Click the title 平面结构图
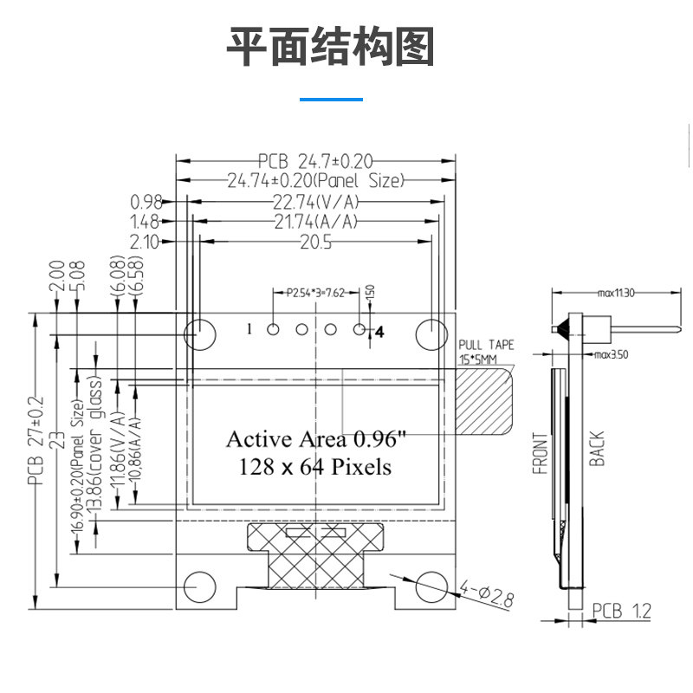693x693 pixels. click(330, 48)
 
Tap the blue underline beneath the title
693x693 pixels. click(331, 100)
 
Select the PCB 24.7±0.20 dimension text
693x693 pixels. click(315, 161)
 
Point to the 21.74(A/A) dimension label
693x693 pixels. click(315, 222)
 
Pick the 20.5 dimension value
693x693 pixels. click(316, 243)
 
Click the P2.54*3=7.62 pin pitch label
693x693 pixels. click(316, 293)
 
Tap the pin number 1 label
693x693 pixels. click(249, 329)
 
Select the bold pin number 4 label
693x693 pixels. click(379, 331)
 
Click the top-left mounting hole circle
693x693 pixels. click(200, 330)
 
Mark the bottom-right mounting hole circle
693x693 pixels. click(431, 586)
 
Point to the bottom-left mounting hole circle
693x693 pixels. click(200, 586)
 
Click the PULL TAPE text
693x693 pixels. click(486, 345)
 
